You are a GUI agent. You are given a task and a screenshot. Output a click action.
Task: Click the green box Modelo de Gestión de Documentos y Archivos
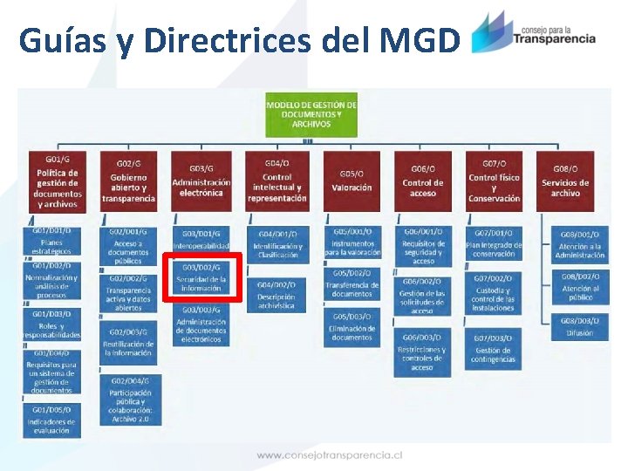[311, 114]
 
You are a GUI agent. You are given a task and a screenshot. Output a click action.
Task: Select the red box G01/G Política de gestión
[57, 181]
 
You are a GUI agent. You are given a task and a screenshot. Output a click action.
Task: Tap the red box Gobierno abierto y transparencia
[128, 181]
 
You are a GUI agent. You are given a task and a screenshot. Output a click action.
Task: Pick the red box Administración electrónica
[201, 181]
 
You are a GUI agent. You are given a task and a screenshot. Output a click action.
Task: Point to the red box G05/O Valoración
[352, 181]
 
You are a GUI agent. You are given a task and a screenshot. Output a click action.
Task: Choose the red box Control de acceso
[423, 181]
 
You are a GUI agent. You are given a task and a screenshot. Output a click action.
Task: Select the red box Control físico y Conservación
[494, 181]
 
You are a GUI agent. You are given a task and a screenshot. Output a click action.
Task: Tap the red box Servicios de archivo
[565, 181]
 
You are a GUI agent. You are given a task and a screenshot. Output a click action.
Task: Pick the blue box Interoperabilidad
[201, 240]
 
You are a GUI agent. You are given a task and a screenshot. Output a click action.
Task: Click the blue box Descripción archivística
[276, 296]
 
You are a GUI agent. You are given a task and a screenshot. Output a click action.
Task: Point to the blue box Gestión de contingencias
[494, 350]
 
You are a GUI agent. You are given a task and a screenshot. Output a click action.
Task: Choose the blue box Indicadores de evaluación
[52, 420]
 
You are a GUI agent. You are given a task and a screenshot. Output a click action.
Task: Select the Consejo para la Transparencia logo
[533, 33]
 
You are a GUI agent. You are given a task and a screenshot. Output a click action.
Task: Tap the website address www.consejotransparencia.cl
[329, 454]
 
